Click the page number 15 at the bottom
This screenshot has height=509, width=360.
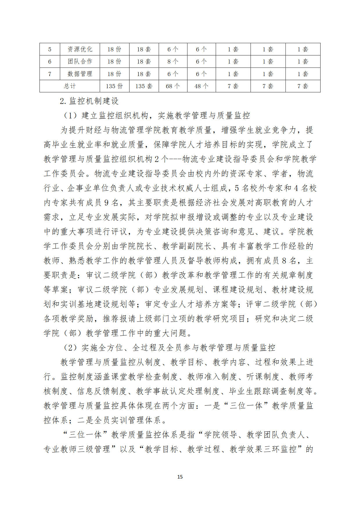[x=180, y=476]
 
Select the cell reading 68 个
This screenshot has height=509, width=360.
[x=173, y=86]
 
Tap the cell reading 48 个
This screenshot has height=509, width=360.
[x=201, y=86]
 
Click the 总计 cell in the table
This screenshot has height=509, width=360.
[x=70, y=86]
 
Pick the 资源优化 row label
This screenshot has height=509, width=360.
[x=80, y=49]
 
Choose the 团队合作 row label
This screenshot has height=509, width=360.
[x=80, y=62]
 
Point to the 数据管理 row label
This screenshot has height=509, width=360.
[x=80, y=74]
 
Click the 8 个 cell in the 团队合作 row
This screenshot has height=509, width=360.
[x=173, y=62]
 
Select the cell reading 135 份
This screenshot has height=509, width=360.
[x=114, y=86]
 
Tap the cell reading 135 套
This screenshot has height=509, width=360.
[x=144, y=86]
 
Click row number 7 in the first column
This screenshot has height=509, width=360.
[x=50, y=74]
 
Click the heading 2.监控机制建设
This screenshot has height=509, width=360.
[x=89, y=101]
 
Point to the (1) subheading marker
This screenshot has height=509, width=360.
[x=70, y=115]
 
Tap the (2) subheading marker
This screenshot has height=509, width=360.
[x=70, y=347]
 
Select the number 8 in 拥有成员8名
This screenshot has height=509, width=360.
[x=284, y=261]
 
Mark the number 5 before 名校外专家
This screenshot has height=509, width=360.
[x=237, y=188]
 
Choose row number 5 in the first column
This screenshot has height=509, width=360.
[x=50, y=49]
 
